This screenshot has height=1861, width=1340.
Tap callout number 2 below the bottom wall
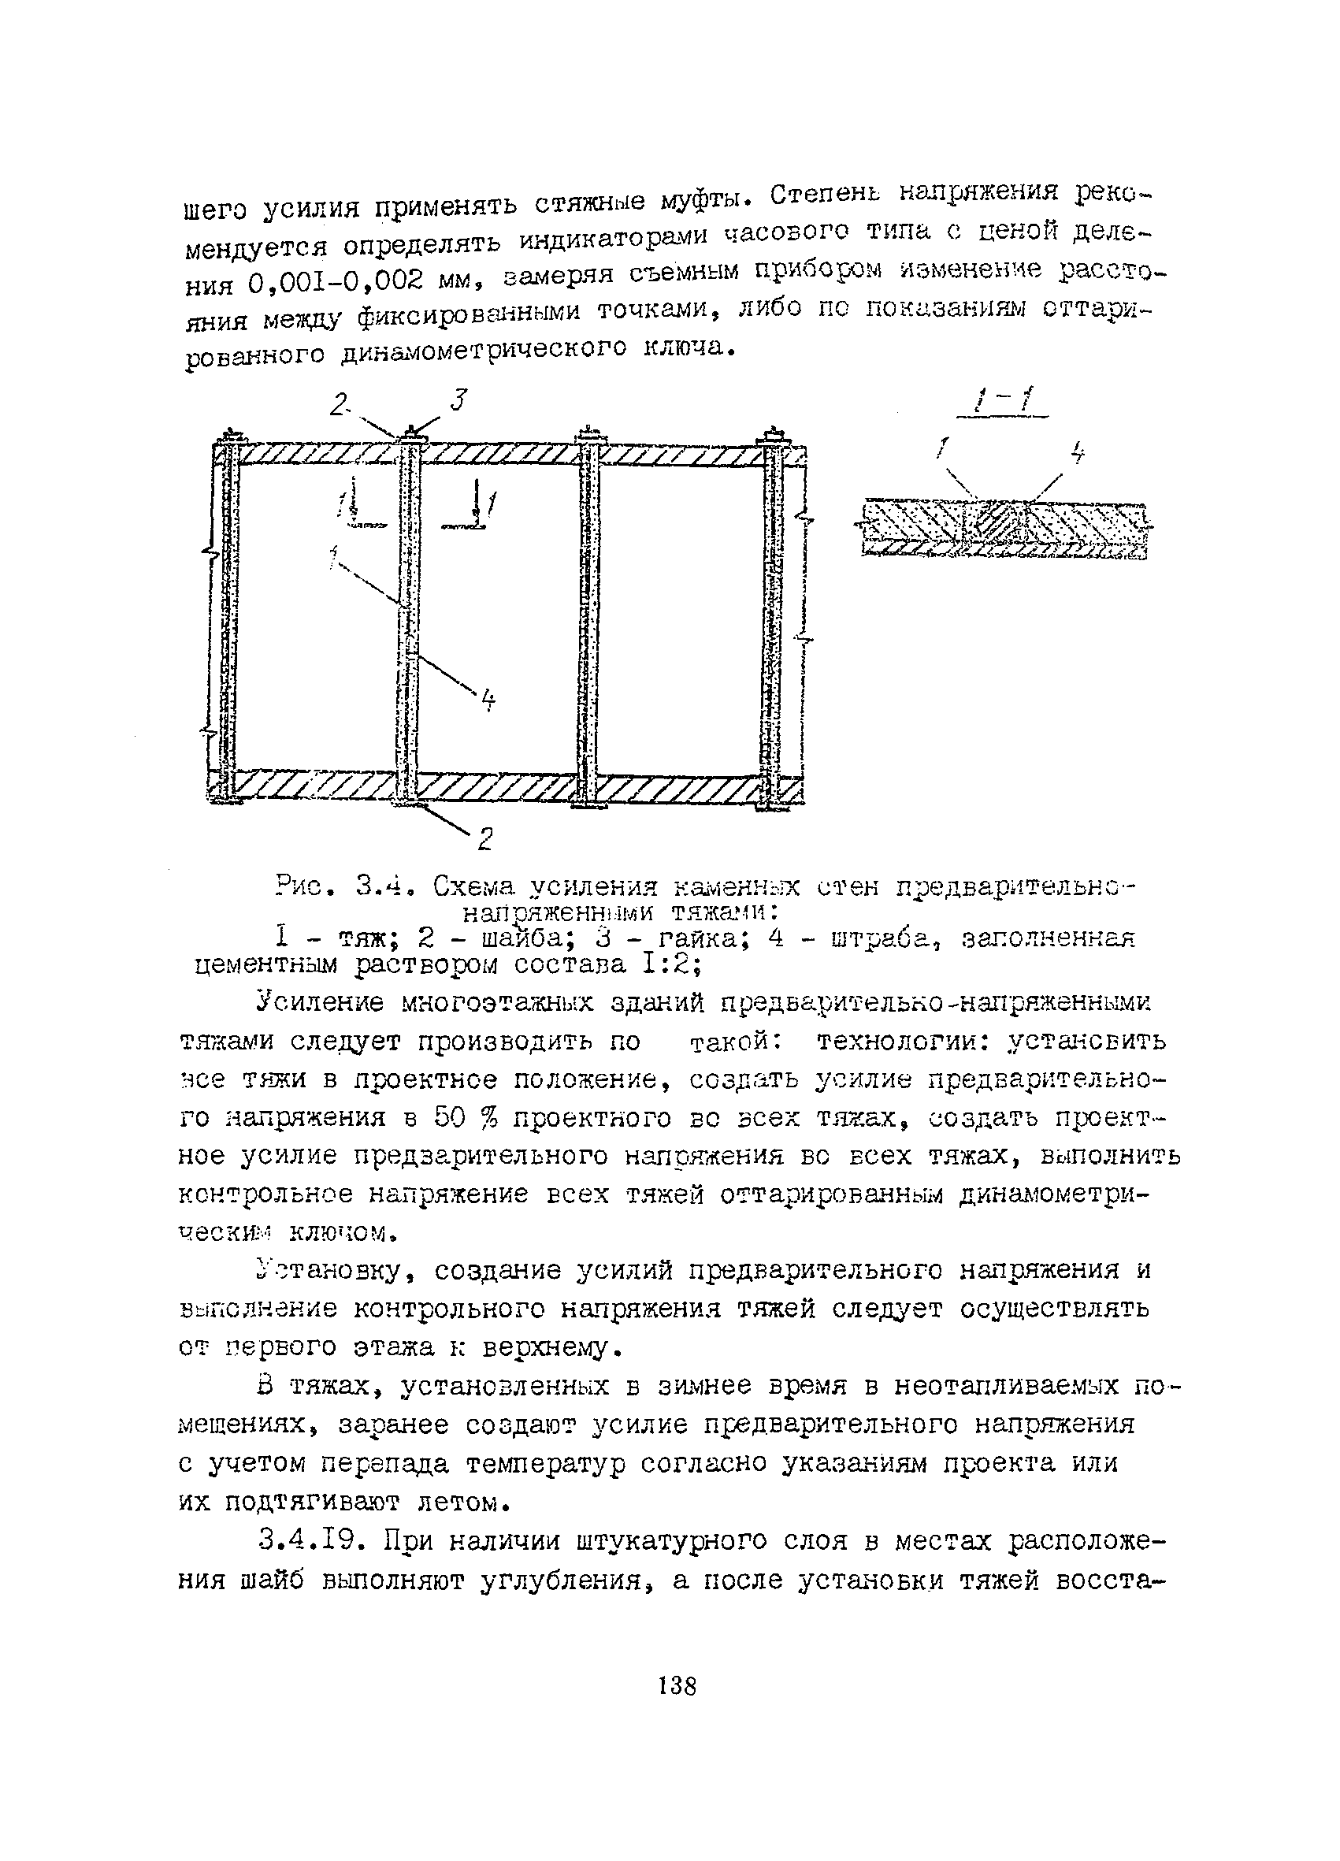(x=485, y=838)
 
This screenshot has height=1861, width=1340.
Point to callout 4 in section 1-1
(x=1078, y=452)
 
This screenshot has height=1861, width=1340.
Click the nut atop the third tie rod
(x=588, y=434)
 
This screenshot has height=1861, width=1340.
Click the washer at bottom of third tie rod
(x=589, y=807)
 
